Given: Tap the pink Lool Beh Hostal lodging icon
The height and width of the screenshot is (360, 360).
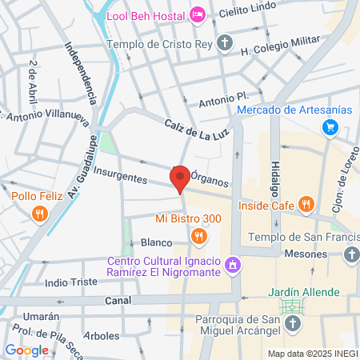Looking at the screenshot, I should coord(197,14).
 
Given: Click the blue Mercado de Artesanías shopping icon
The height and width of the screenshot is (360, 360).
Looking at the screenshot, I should coord(329,126).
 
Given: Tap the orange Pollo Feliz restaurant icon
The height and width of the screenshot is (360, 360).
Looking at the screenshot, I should coord(38,214).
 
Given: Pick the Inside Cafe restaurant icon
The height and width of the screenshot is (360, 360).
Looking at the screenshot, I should coord(305,204).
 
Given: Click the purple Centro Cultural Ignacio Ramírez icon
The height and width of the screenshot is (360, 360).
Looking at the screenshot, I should coord(233,263).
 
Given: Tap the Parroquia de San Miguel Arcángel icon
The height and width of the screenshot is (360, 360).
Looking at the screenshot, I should coord(294,323).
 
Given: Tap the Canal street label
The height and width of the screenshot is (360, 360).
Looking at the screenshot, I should coord(118,300).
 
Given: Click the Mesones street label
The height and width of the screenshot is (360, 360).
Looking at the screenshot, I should coord(307,254).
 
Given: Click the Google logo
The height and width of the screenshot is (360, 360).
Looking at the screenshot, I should coord(26,350).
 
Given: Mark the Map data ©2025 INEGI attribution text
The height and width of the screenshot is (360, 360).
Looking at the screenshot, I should coord(311,354).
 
